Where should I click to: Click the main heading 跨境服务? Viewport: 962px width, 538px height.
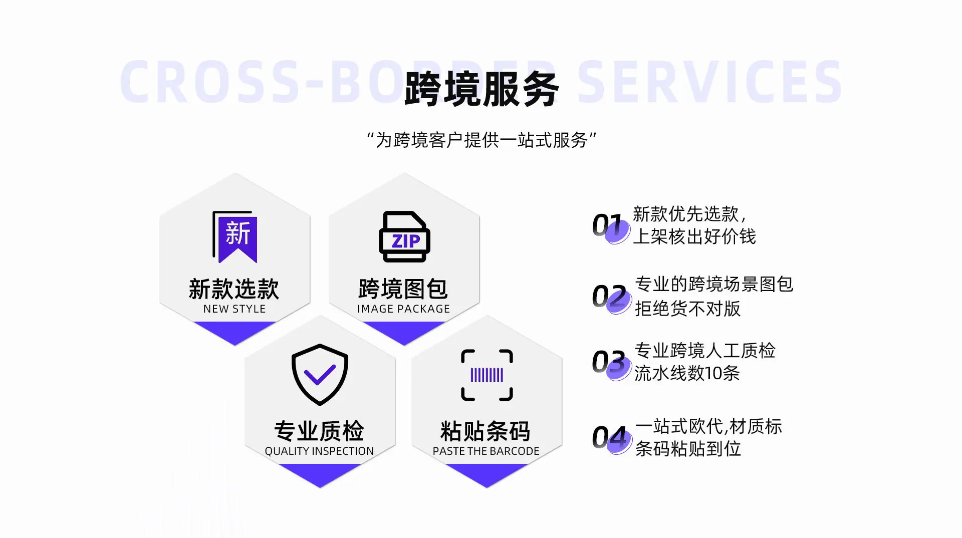tap(482, 89)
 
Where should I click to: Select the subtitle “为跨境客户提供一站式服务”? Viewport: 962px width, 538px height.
tap(482, 140)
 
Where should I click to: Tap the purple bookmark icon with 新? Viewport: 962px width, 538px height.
tap(235, 237)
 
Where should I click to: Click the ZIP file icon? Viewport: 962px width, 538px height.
tap(404, 236)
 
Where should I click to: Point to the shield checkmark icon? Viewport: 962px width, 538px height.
tap(320, 375)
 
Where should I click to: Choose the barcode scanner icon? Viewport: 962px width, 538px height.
tap(487, 375)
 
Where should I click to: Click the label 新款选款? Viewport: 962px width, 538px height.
tap(234, 289)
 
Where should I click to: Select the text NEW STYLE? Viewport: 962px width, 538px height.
tap(234, 309)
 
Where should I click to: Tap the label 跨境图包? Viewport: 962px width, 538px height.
tap(403, 289)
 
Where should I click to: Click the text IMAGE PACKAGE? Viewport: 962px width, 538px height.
tap(404, 309)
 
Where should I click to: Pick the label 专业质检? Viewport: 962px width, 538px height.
tap(319, 431)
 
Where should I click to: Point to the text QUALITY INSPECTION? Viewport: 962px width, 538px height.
tap(319, 451)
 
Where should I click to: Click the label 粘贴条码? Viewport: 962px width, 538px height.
tap(486, 431)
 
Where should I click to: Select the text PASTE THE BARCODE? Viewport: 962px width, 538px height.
tap(486, 451)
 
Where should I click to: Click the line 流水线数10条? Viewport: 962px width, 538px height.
tap(687, 373)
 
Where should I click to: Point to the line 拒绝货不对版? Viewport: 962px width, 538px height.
tap(687, 309)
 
